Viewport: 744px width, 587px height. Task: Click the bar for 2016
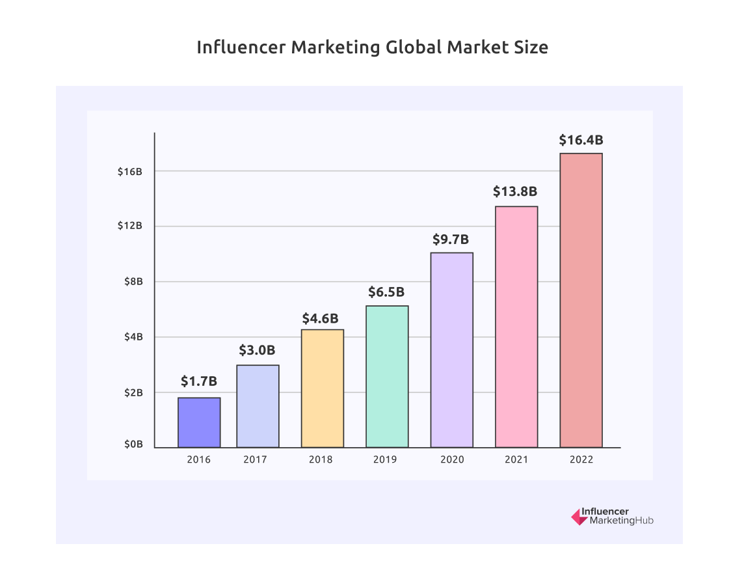pyautogui.click(x=199, y=422)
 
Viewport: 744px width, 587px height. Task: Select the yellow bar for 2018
pyautogui.click(x=323, y=389)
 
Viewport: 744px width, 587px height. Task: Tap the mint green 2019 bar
pyautogui.click(x=387, y=377)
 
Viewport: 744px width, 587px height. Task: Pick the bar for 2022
pyautogui.click(x=581, y=300)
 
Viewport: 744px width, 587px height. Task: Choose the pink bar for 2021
pyautogui.click(x=516, y=327)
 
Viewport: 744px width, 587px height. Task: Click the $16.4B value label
pyautogui.click(x=581, y=140)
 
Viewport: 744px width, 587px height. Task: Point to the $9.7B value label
pyautogui.click(x=451, y=239)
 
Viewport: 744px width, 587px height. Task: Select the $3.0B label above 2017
pyautogui.click(x=258, y=351)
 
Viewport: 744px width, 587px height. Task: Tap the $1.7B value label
pyautogui.click(x=199, y=381)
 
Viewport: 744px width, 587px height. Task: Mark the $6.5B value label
pyautogui.click(x=386, y=292)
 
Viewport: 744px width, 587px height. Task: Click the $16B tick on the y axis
pyautogui.click(x=130, y=171)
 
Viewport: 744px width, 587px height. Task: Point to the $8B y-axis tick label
pyautogui.click(x=133, y=282)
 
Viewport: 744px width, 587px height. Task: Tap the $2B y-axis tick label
pyautogui.click(x=133, y=392)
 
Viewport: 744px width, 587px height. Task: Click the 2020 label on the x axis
pyautogui.click(x=451, y=459)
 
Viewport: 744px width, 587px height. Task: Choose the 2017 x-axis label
pyautogui.click(x=255, y=459)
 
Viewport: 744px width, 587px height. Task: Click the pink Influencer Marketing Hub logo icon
pyautogui.click(x=578, y=517)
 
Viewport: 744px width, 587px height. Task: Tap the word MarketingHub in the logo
pyautogui.click(x=621, y=521)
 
